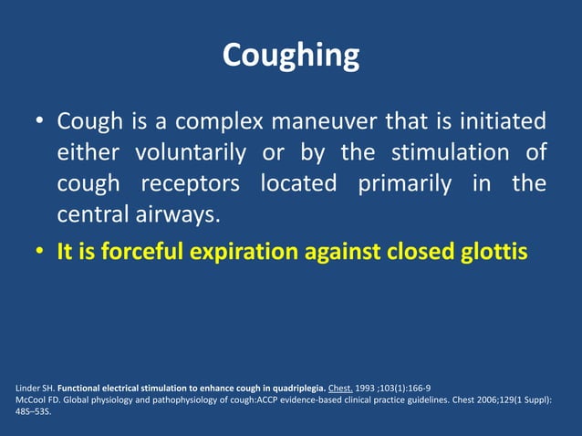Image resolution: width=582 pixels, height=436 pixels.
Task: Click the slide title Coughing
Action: (x=290, y=56)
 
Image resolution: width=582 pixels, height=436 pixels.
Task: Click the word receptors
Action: (x=188, y=183)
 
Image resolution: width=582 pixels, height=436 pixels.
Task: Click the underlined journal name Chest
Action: (x=338, y=387)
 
